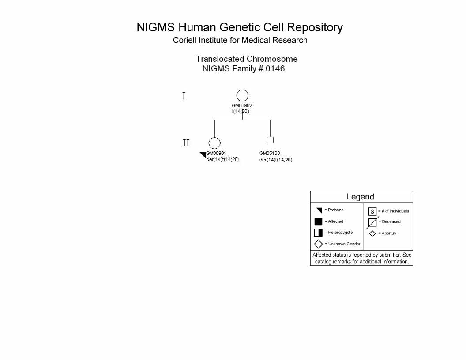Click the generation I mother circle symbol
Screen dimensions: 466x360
242,90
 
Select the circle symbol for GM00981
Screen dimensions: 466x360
214,138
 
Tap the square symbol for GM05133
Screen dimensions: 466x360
270,137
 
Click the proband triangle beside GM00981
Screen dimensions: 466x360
204,154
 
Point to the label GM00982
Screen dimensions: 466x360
242,105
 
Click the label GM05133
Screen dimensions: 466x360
270,153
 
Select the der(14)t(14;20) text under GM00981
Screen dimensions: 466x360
223,160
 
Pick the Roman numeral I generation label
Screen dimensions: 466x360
184,96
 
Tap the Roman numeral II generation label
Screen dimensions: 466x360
186,143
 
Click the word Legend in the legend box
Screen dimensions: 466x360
360,197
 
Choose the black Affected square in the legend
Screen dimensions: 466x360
318,221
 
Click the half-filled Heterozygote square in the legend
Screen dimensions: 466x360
318,232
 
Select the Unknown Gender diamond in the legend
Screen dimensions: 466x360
318,240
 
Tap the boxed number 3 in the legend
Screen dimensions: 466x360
372,211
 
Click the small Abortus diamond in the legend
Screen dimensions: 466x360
372,231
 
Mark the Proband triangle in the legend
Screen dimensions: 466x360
319,210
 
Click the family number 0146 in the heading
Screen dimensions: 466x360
275,69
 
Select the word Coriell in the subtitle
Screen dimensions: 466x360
184,40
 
